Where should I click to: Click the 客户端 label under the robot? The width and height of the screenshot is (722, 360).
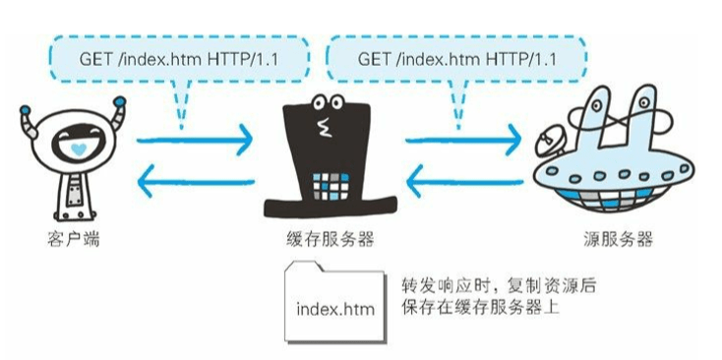tap(73, 239)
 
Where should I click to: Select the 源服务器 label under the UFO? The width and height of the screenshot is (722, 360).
tap(617, 239)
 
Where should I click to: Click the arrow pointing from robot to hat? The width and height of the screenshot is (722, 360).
tap(195, 139)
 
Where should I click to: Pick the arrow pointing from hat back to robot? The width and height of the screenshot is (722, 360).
tap(197, 181)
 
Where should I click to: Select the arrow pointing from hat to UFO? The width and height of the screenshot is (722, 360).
tap(463, 139)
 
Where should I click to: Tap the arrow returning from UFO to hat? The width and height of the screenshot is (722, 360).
tap(465, 181)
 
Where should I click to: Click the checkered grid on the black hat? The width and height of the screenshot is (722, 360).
tap(331, 187)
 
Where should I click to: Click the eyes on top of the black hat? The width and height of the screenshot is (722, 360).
tap(329, 102)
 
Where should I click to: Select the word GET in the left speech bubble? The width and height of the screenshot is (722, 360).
tap(95, 59)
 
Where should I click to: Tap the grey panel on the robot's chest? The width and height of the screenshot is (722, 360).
tap(73, 195)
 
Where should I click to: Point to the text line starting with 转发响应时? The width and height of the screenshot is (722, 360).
tap(498, 286)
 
